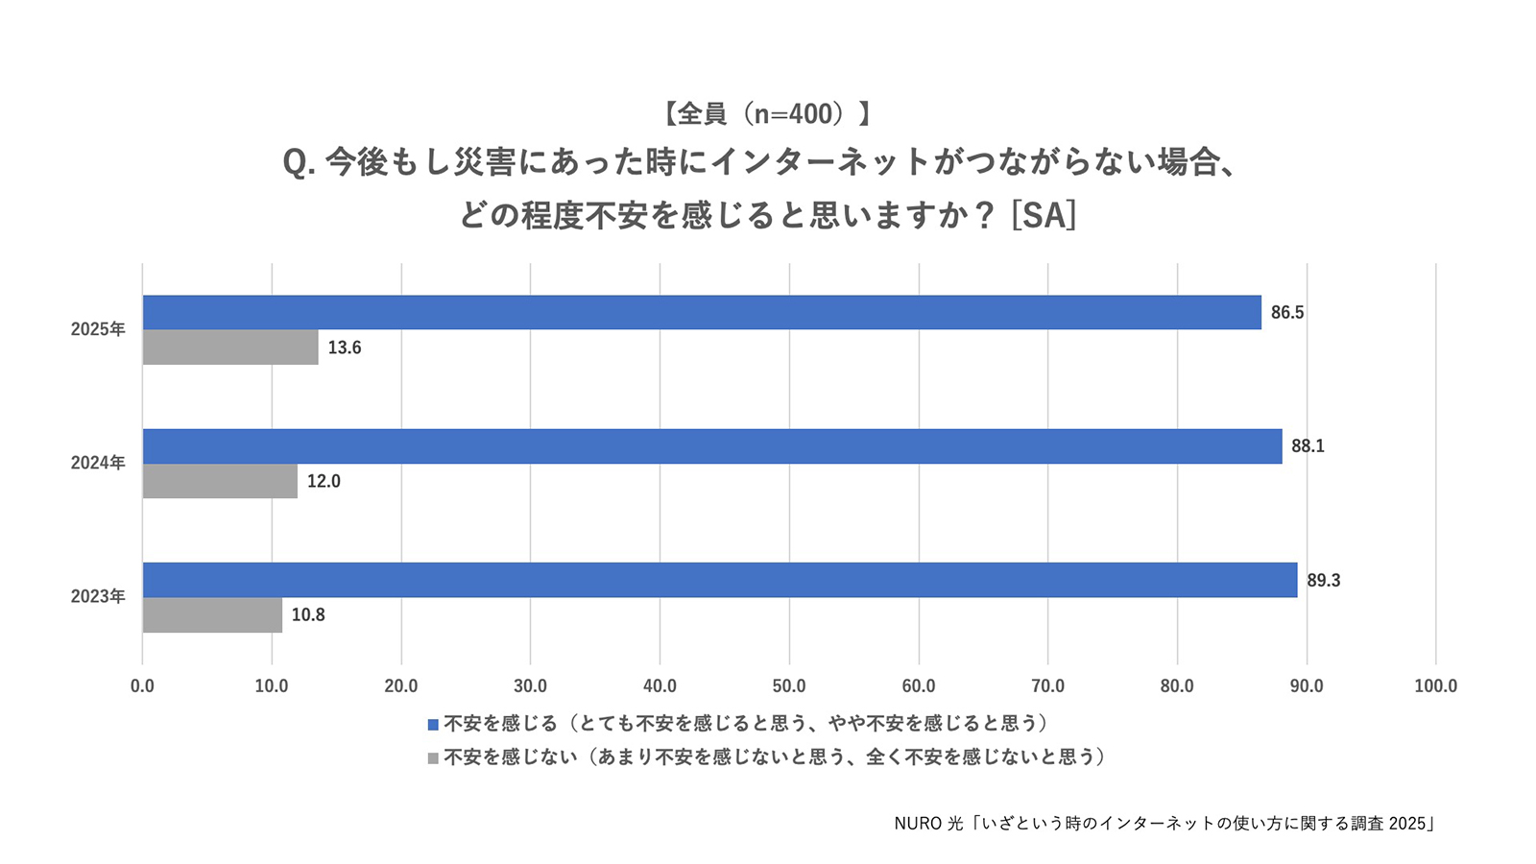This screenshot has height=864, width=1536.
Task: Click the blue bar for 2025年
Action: click(x=702, y=313)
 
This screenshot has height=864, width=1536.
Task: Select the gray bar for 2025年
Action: click(x=230, y=347)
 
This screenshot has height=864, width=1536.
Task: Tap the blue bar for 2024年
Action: click(x=712, y=446)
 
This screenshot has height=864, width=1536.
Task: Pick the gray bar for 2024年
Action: click(x=220, y=481)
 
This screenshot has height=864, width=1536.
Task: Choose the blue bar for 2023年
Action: click(x=720, y=580)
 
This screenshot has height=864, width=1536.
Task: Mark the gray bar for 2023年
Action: click(x=212, y=615)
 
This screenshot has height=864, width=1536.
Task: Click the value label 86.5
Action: click(x=1287, y=313)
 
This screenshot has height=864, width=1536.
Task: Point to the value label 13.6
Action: click(x=345, y=348)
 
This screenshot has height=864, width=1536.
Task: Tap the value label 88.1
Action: click(x=1308, y=446)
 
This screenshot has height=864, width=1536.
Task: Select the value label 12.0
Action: click(x=324, y=481)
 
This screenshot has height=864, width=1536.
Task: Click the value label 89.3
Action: click(x=1324, y=581)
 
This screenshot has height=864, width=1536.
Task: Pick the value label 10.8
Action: click(x=308, y=615)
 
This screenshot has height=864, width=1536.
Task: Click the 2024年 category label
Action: click(x=98, y=463)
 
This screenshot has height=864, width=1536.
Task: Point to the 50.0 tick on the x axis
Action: click(x=789, y=685)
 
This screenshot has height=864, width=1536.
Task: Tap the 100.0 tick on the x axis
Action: click(x=1436, y=685)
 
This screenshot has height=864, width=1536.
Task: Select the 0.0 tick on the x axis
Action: click(x=143, y=685)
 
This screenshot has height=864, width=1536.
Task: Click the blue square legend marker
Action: click(x=433, y=725)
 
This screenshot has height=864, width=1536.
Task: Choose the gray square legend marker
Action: click(x=433, y=758)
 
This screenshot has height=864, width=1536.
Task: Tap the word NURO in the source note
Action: click(x=918, y=824)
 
